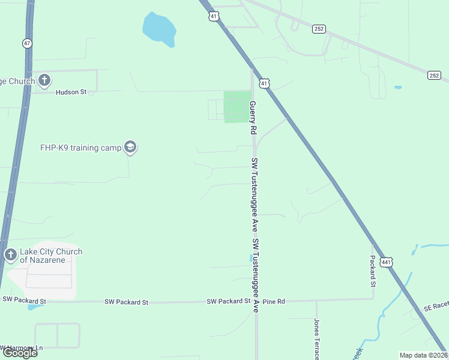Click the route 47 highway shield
(x=26, y=43)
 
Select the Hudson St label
(x=71, y=92)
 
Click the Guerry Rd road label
(x=253, y=117)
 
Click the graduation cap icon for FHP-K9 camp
(x=130, y=147)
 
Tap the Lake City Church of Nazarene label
(x=51, y=256)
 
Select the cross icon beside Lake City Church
(x=10, y=255)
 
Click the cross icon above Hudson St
(x=44, y=80)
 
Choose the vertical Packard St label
(x=372, y=269)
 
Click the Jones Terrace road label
(x=316, y=339)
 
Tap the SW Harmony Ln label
(x=22, y=348)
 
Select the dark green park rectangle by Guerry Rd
(x=237, y=107)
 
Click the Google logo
(x=19, y=353)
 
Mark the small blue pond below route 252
(x=398, y=88)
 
